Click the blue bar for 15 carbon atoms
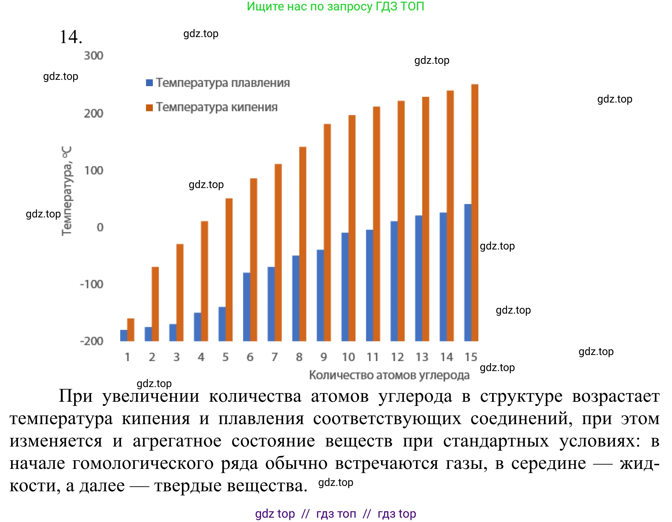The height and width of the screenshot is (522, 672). coord(468,272)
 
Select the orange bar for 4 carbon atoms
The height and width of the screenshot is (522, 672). coord(204,281)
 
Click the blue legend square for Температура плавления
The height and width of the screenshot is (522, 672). coord(149,82)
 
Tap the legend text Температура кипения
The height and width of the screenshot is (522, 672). coord(217,107)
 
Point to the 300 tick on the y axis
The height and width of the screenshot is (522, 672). coord(93,55)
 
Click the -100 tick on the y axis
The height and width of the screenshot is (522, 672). coord(92,284)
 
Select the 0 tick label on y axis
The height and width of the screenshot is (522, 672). coord(100,227)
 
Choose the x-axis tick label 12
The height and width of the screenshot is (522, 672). coord(397,357)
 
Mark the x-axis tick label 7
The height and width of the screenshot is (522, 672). coord(274,357)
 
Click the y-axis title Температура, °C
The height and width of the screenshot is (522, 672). coord(67,191)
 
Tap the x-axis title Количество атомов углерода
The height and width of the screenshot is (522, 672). coord(389,375)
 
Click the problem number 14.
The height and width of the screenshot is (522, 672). coord(71,37)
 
